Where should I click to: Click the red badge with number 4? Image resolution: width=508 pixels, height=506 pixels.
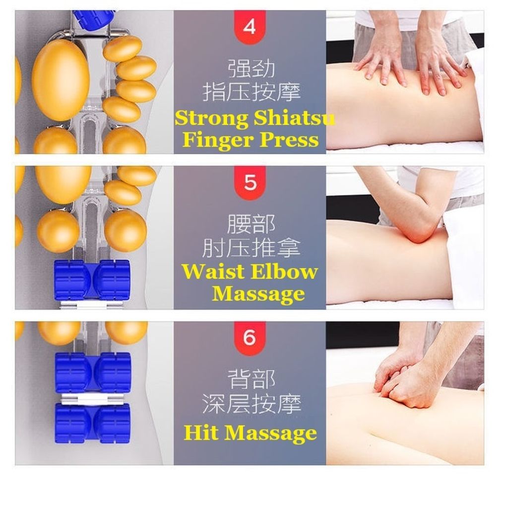click(250, 27)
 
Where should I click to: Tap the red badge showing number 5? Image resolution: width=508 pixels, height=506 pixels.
click(250, 183)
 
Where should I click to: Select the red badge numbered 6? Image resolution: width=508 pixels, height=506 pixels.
click(250, 338)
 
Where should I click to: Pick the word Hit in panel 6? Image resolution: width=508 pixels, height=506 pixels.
click(200, 433)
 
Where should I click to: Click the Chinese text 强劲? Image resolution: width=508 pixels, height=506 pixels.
click(252, 68)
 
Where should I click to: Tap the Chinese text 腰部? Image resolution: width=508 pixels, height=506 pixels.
click(252, 224)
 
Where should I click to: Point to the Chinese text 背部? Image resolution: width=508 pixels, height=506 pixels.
click(252, 379)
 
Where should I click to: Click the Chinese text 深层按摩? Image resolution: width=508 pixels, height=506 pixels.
click(252, 404)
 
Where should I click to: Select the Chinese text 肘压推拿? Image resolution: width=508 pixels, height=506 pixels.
click(252, 249)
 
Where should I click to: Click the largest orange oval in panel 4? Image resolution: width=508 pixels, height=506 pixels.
click(61, 80)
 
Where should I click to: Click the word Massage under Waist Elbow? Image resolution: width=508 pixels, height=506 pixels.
click(258, 294)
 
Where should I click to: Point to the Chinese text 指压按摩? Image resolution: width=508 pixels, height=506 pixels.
click(252, 92)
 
